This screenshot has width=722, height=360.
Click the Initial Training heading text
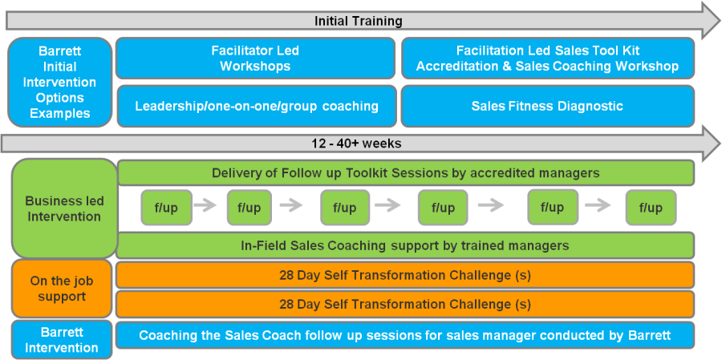359,21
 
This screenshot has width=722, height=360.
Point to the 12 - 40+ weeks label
356,144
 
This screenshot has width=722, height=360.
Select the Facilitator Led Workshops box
255,59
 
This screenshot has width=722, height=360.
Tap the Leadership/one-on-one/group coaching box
257,107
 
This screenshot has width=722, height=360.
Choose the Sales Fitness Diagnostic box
547,107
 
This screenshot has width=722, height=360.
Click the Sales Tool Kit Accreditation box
547,59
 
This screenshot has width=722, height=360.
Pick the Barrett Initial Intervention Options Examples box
60,83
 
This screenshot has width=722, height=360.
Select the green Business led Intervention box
63,208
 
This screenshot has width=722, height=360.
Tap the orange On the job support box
61,289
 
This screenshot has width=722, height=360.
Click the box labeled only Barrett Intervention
61,340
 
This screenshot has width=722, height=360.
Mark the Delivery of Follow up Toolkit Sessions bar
406,173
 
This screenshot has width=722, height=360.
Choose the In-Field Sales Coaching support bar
405,245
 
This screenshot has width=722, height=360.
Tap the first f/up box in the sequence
166,208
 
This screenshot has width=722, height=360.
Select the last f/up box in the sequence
651,208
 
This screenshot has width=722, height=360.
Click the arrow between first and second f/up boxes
205,206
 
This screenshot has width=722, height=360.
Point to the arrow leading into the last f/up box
597,206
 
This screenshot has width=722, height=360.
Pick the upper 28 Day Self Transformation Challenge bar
405,275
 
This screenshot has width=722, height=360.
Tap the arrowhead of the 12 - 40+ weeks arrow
711,144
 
